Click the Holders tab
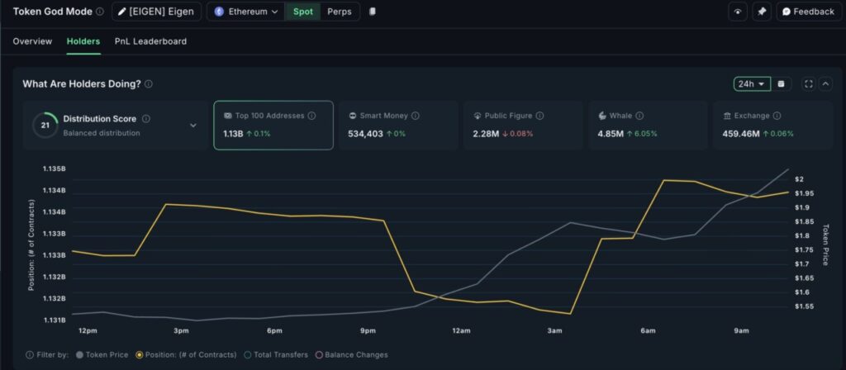click(83, 41)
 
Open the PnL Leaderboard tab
click(150, 41)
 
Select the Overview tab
click(32, 41)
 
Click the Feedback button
click(808, 12)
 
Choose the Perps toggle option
click(339, 12)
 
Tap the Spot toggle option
click(303, 12)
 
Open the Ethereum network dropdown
click(246, 12)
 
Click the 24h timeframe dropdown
click(752, 83)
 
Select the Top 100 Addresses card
click(273, 125)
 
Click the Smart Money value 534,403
click(366, 134)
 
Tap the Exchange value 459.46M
click(741, 134)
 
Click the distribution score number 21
click(45, 126)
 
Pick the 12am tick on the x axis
click(461, 331)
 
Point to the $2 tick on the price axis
click(799, 179)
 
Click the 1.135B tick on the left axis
click(54, 169)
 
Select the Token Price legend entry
click(103, 355)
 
